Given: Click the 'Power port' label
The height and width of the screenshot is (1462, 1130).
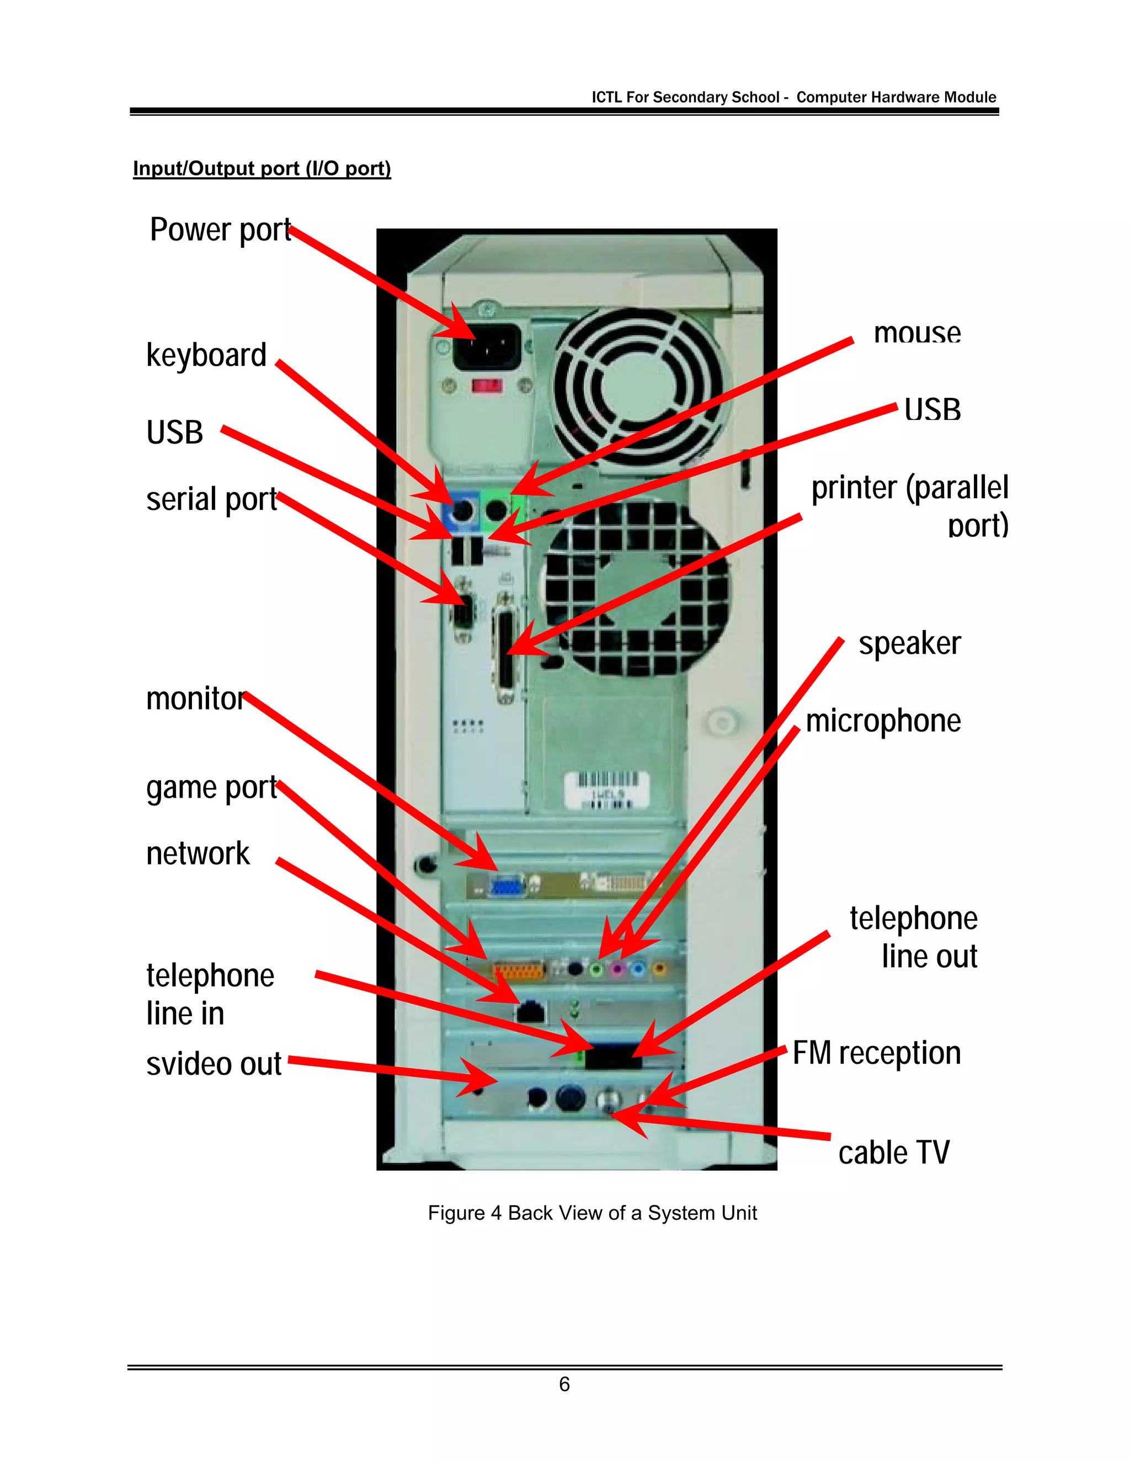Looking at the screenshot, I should click(x=220, y=230).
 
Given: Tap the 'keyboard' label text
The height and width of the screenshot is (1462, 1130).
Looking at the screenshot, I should click(x=206, y=355).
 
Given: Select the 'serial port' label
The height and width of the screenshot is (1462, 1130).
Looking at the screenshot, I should click(x=211, y=499).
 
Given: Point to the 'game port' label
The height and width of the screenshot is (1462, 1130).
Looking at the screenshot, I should click(x=211, y=788).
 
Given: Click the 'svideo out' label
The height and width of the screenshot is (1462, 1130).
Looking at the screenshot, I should click(x=214, y=1064).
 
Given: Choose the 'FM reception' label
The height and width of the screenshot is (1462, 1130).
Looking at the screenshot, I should click(x=876, y=1053).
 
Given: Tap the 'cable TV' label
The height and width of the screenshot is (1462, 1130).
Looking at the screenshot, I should click(x=894, y=1152).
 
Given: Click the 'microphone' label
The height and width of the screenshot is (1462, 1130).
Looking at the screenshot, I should click(x=883, y=721).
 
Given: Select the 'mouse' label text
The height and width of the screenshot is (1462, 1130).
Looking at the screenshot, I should click(x=917, y=333).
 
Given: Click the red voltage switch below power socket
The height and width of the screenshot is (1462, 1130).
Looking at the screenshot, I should click(x=487, y=386).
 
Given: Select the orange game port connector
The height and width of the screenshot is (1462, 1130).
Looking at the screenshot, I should click(x=519, y=969).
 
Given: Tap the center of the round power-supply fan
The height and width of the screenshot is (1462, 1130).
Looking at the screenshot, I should click(x=637, y=383).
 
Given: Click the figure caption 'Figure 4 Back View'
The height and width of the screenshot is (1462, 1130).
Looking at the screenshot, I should click(x=592, y=1213).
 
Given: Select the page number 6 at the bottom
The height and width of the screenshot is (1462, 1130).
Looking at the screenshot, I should click(x=564, y=1384).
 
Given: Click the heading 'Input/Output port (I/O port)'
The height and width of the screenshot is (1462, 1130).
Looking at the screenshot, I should click(x=262, y=168).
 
